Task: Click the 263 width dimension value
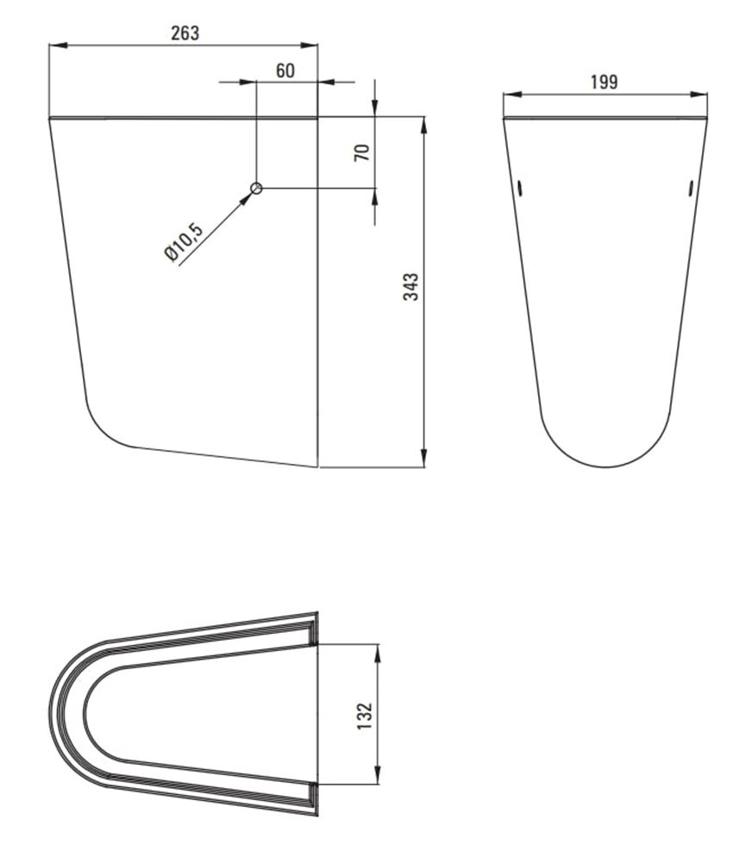[x=185, y=33]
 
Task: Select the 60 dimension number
[x=285, y=71]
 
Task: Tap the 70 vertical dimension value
[x=362, y=153]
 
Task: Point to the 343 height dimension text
[x=412, y=287]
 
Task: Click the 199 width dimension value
[x=604, y=82]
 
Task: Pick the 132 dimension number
[x=364, y=714]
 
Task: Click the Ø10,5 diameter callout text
[x=183, y=241]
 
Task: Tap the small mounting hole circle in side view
[x=256, y=189]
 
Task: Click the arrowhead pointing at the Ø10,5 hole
[x=247, y=197]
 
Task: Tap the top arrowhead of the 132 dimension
[x=377, y=649]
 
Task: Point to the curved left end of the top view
[x=52, y=714]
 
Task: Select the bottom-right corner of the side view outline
[x=317, y=466]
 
